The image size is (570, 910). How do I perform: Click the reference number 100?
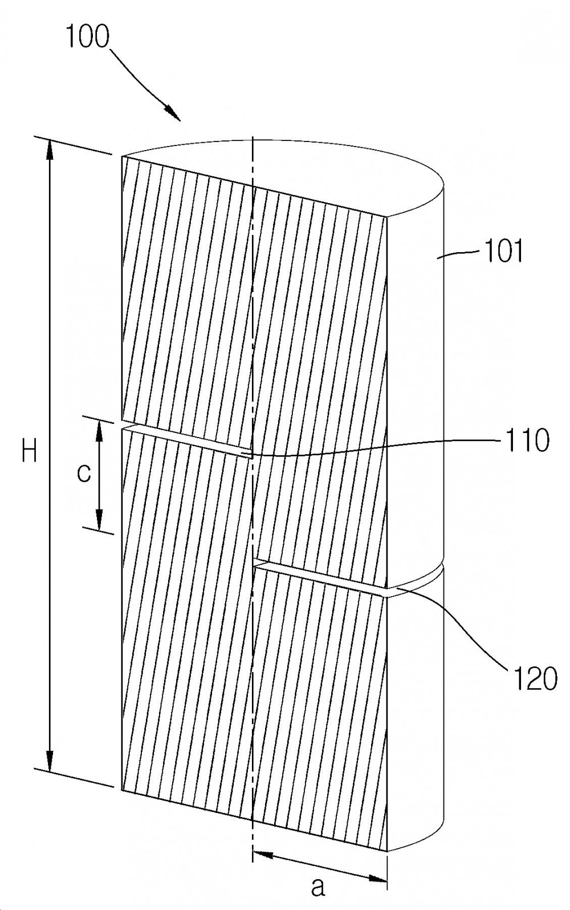pyautogui.click(x=88, y=37)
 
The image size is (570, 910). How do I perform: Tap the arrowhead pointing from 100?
pyautogui.click(x=173, y=113)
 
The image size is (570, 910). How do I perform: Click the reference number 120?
pyautogui.click(x=534, y=678)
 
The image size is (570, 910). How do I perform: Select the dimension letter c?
pyautogui.click(x=84, y=473)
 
